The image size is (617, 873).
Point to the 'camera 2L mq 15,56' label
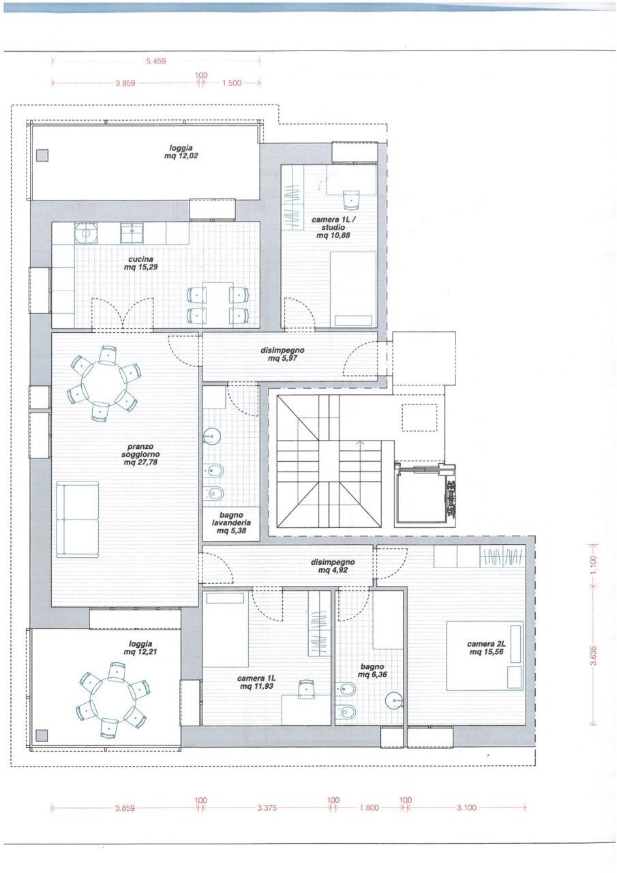click(485, 647)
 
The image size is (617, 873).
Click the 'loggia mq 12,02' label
click(181, 151)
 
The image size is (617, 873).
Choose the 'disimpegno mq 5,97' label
click(282, 354)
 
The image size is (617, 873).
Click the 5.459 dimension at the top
click(156, 61)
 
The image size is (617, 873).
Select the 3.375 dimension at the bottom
click(267, 808)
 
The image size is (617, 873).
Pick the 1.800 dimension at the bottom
click(368, 808)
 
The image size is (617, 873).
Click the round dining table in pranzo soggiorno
click(104, 383)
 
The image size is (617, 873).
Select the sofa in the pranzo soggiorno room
click(78, 519)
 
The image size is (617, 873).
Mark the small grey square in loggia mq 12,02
click(42, 155)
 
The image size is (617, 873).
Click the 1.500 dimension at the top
click(232, 83)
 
